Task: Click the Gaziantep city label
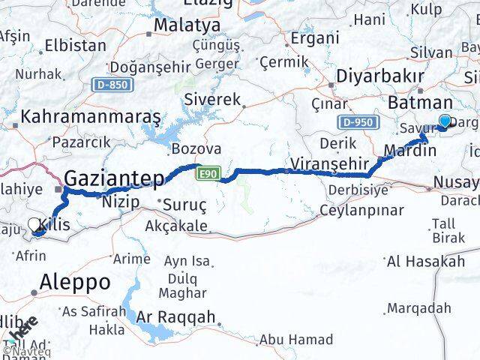pos(114,178)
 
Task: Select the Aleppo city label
pos(75,283)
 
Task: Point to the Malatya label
pos(187,25)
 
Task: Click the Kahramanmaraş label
pos(91,118)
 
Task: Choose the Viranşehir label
pos(329,163)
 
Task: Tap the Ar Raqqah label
pos(175,316)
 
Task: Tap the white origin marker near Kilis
pos(34,223)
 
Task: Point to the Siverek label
pos(213,100)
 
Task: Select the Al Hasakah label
pos(425,261)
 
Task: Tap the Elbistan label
pos(75,45)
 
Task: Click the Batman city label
pos(420,103)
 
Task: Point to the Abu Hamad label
pos(296,340)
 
